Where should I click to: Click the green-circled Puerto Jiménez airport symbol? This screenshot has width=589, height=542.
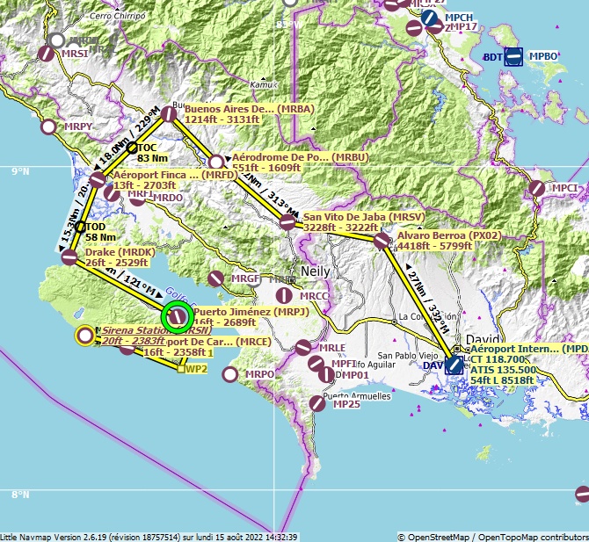click(177, 315)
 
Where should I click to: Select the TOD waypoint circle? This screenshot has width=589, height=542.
click(80, 227)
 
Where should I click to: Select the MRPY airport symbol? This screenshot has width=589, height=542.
click(49, 126)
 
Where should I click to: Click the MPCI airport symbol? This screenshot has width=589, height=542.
click(536, 188)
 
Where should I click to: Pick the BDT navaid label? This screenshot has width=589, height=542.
click(493, 57)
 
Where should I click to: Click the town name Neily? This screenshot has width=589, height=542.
click(315, 271)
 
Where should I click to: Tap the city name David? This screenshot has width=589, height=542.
click(483, 339)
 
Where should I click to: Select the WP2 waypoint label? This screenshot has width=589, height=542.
click(196, 369)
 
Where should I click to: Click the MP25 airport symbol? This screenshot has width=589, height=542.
click(317, 403)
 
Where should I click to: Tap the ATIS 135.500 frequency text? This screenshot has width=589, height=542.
click(503, 370)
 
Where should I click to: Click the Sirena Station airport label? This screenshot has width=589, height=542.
click(135, 330)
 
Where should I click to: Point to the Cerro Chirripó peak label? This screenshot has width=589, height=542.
click(118, 16)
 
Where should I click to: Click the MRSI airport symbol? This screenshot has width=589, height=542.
click(46, 53)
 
